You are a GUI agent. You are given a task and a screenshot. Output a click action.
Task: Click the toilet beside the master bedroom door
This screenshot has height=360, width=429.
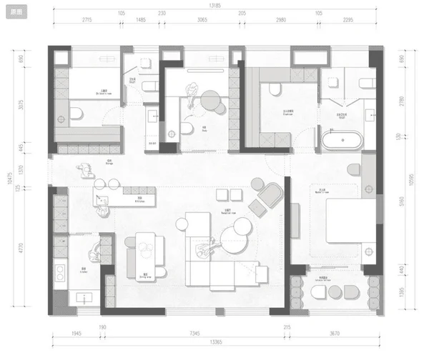352,169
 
